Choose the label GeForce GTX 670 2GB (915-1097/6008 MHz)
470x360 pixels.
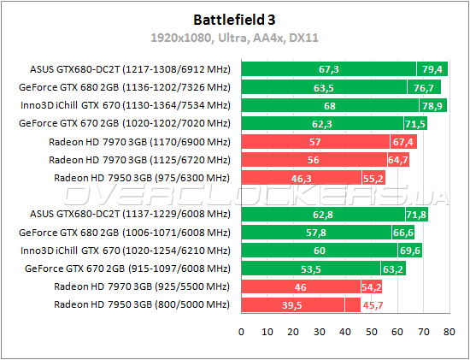click(125, 269)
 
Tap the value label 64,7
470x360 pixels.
click(398, 159)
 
